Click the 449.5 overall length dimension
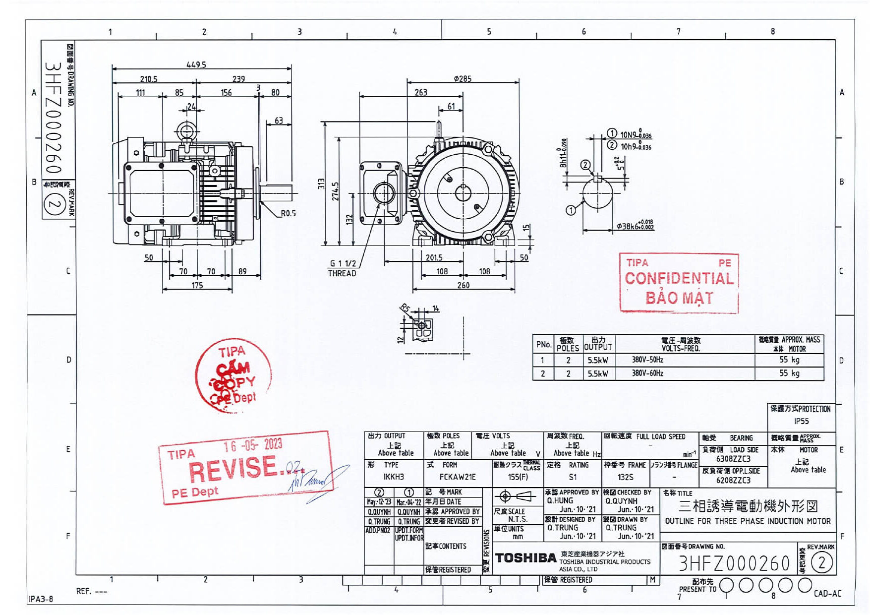point(196,64)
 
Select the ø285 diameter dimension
point(463,78)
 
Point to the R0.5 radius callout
point(288,213)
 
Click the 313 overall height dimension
point(321,184)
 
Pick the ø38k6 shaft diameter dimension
point(635,226)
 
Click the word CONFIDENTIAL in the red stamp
point(679,279)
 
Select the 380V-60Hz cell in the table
point(647,373)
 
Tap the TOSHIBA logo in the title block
point(525,558)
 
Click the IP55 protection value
point(801,421)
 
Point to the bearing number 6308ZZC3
point(733,459)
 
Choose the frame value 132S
point(625,477)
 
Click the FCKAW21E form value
point(457,477)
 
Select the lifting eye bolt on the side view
point(186,132)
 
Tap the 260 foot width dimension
point(463,285)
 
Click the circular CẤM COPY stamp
point(233,375)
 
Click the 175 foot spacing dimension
point(197,285)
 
